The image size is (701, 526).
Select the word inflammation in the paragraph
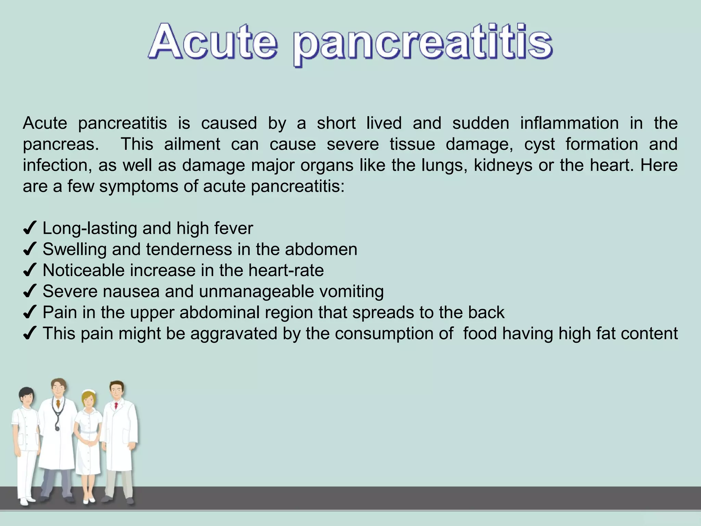point(569,123)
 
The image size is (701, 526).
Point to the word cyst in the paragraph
point(539,145)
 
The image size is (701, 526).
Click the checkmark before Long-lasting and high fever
point(29,228)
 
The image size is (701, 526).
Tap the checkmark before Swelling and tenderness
point(29,250)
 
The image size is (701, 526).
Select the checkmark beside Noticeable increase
point(29,271)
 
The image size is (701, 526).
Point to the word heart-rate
point(286,271)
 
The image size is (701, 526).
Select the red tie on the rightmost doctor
point(116,406)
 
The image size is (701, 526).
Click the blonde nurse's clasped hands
point(89,443)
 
